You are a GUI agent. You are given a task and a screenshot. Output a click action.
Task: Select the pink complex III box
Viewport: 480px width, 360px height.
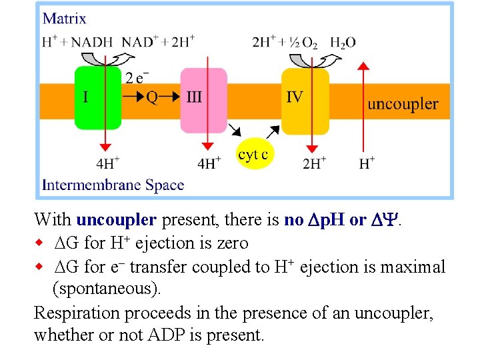coord(203,107)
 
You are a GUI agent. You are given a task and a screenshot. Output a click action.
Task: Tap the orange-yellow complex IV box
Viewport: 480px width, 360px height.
coord(305,107)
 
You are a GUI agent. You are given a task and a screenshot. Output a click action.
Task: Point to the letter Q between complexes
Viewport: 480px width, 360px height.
coord(152,97)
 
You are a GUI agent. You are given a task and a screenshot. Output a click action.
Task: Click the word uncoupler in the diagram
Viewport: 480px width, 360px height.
coord(403,104)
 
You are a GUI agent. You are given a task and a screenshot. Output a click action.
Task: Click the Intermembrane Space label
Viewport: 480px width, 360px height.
coord(113,185)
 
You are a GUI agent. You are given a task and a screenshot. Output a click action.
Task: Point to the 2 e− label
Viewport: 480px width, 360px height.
coord(137,77)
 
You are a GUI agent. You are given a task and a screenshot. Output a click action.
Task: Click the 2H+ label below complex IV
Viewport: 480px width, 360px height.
coord(314,162)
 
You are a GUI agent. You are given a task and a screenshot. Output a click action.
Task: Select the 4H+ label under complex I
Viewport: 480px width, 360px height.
coord(107,162)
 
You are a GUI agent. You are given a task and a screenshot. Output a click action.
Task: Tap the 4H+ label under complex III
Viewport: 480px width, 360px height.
coord(210,162)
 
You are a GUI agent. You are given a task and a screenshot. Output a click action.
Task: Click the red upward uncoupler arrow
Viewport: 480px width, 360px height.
coord(363,107)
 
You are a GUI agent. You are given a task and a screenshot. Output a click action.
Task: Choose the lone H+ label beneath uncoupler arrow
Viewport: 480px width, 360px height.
coord(367,162)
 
